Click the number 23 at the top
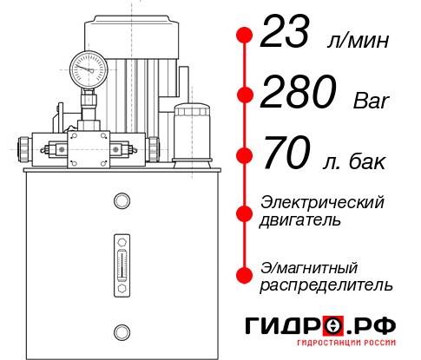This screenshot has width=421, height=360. [285, 31]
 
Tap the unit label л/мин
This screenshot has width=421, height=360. [358, 41]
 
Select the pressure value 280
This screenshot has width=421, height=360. [299, 92]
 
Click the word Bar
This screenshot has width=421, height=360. [372, 101]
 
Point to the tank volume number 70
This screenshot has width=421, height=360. [286, 153]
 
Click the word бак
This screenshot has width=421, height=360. [367, 161]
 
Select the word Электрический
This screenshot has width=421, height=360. [322, 202]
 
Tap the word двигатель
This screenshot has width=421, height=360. [300, 219]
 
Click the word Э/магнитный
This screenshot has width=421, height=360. [309, 268]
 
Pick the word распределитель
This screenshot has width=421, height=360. [326, 285]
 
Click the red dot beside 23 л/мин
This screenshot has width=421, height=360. [245, 35]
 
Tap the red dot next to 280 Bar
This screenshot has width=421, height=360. [245, 95]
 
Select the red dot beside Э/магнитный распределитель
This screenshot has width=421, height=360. [245, 275]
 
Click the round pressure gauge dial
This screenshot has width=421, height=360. [89, 70]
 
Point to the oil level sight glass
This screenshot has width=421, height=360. [122, 265]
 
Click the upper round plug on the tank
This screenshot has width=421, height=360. [122, 200]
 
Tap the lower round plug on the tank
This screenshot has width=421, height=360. [122, 332]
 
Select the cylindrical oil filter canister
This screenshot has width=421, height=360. [192, 135]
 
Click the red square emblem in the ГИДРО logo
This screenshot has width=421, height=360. [333, 325]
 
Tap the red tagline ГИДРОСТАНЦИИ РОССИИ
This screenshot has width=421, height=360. [346, 343]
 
